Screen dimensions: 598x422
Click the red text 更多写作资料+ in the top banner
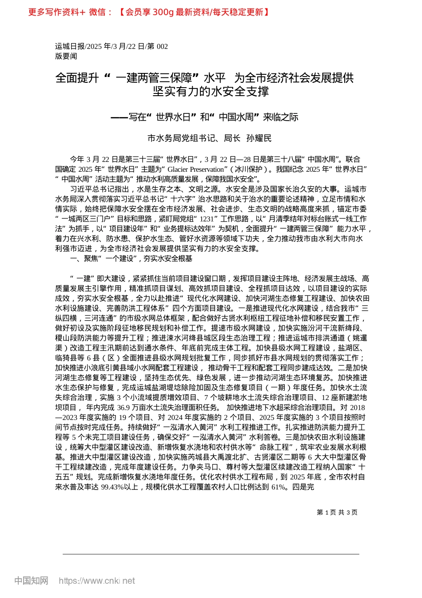(56, 12)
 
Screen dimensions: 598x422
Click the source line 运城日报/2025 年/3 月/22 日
(98, 46)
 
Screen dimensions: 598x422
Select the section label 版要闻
(66, 56)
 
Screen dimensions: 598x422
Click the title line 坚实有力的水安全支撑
(211, 92)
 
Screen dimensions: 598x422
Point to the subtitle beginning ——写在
(204, 117)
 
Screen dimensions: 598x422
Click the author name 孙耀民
(259, 138)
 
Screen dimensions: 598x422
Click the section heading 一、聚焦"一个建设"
(131, 259)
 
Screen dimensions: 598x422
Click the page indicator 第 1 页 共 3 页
(337, 512)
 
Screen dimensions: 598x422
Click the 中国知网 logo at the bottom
(31, 581)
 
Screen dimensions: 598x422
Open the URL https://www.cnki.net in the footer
(97, 581)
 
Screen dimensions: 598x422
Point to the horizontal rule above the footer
(211, 554)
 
